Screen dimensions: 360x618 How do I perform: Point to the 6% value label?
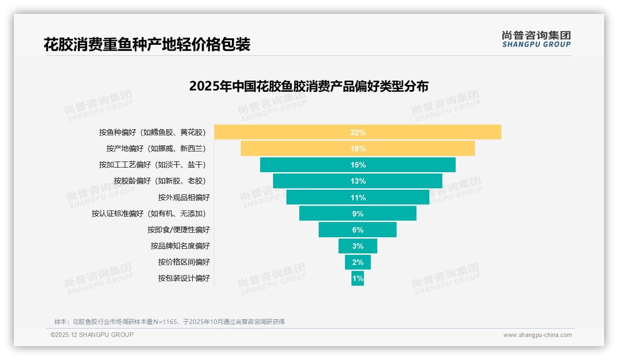click(x=358, y=230)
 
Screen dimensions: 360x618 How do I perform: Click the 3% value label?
click(x=358, y=246)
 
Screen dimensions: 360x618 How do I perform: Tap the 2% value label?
click(x=358, y=262)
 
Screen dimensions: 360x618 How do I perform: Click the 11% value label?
click(x=358, y=198)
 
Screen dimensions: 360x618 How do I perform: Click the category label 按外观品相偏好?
click(x=184, y=198)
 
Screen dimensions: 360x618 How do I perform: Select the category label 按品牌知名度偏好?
click(x=180, y=246)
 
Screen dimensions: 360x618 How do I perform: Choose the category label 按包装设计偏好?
click(x=184, y=278)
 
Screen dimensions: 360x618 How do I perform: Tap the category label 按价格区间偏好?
click(x=184, y=262)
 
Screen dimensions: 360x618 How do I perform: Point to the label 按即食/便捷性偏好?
click(x=178, y=230)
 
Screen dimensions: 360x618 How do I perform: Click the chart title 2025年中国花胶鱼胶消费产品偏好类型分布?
click(x=309, y=86)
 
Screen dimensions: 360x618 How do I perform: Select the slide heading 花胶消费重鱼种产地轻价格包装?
click(x=147, y=44)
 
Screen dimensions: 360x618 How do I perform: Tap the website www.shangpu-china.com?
click(x=537, y=335)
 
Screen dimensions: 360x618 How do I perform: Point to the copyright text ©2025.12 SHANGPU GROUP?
click(x=92, y=335)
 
